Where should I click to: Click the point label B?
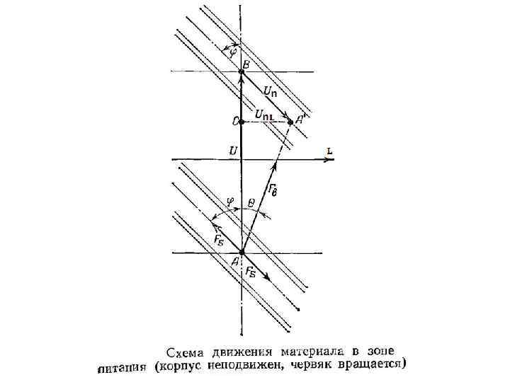(x=246, y=65)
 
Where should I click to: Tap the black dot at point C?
(x=242, y=122)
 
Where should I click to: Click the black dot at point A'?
(x=290, y=122)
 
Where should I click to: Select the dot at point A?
(x=242, y=252)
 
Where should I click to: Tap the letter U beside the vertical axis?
(x=232, y=150)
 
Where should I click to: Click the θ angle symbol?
(x=251, y=201)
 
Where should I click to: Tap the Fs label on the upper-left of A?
(x=217, y=238)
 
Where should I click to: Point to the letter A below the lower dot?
(x=234, y=262)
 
